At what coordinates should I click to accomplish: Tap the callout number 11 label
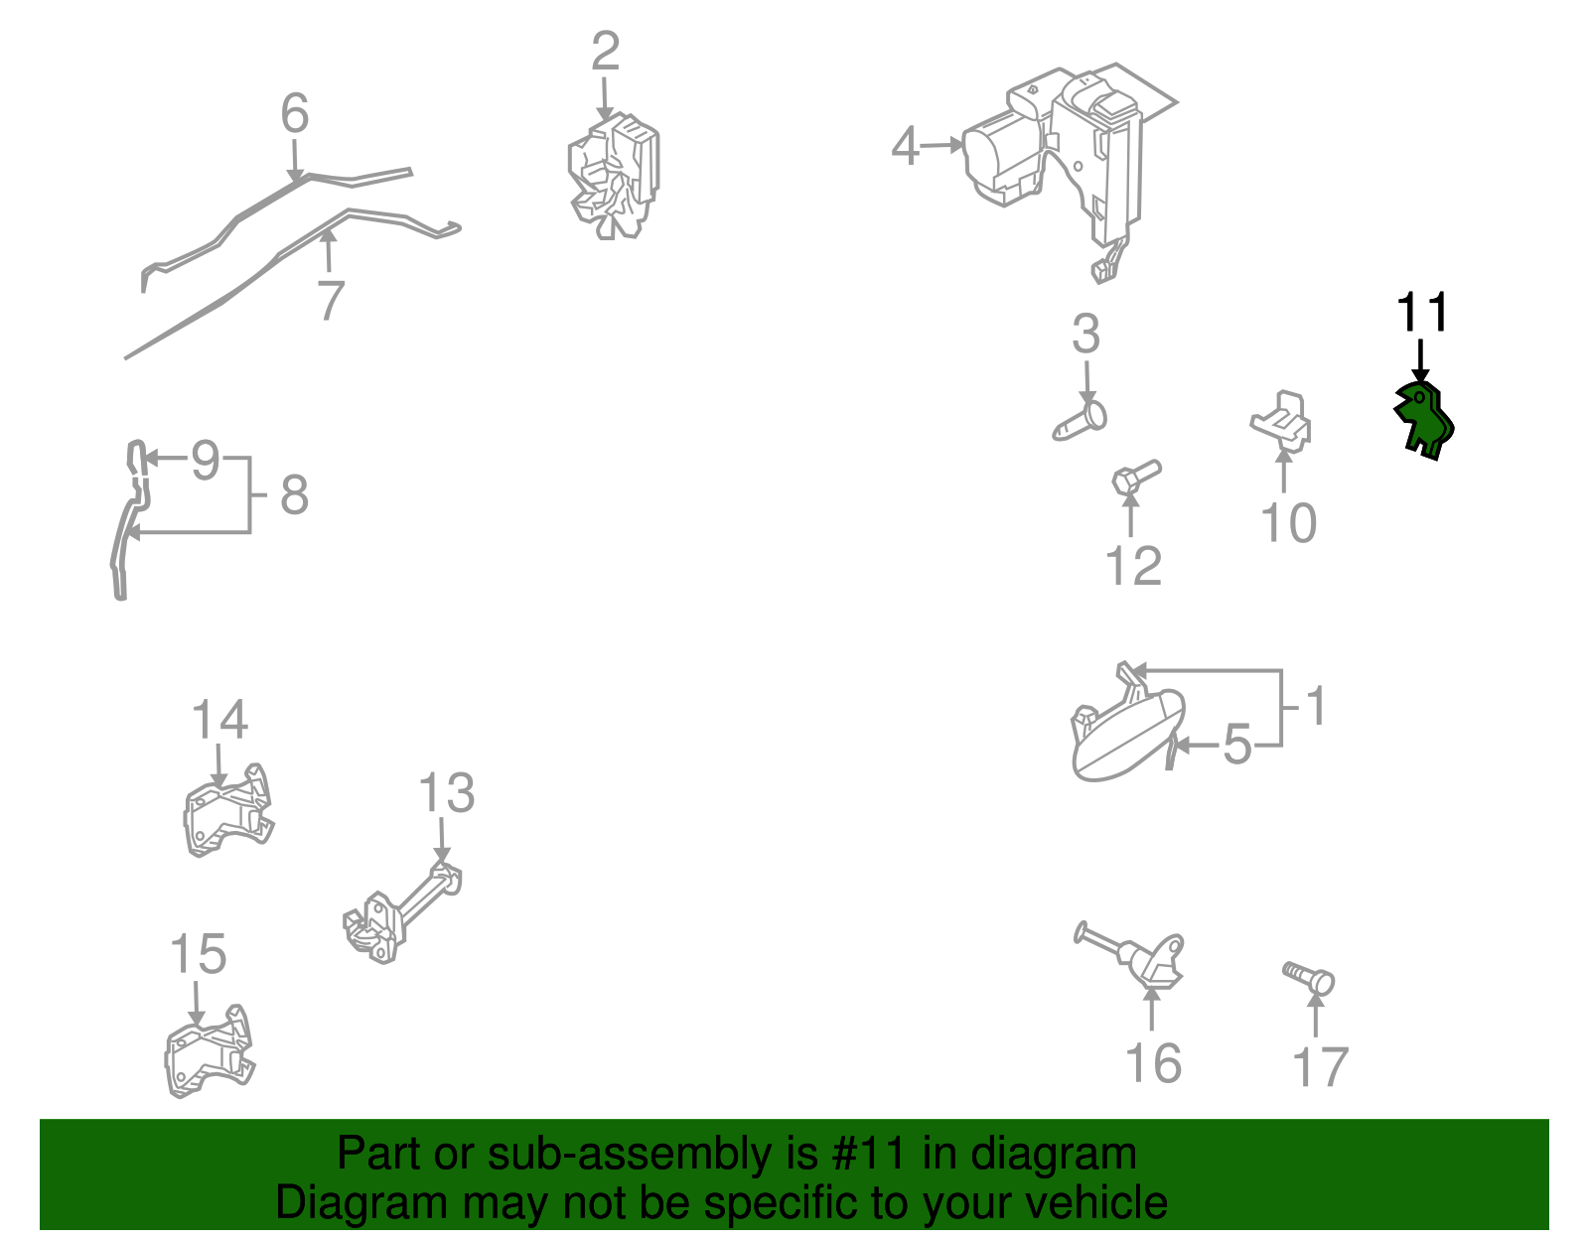pos(1422,313)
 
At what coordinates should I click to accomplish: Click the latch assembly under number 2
pos(614,177)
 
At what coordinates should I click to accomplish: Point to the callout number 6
pos(295,114)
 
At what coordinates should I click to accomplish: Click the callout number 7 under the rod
pos(332,300)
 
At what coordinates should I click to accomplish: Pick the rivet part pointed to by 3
pos(1081,422)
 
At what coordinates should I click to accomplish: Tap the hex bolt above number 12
pos(1135,477)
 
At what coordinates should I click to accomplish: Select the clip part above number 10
pos(1280,422)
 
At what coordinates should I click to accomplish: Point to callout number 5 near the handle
pos(1236,745)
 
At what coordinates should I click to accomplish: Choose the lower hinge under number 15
pos(210,1051)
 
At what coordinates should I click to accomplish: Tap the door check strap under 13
pos(402,913)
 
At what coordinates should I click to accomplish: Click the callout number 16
pos(1153,1063)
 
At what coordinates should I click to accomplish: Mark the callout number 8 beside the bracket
pos(294,494)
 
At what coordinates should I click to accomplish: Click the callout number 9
pos(206,461)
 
